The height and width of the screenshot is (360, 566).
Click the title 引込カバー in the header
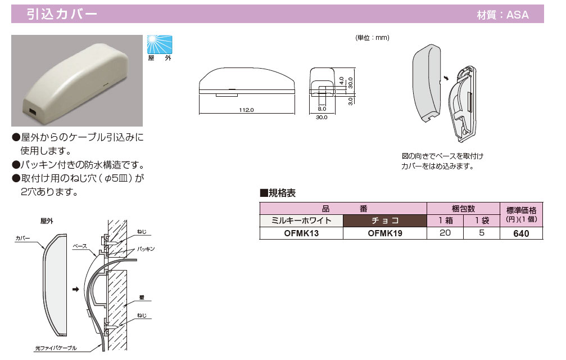pyautogui.click(x=62, y=14)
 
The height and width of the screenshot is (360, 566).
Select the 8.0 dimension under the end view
pyautogui.click(x=322, y=109)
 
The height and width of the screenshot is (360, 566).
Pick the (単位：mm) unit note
pyautogui.click(x=372, y=38)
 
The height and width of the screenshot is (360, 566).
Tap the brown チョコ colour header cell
pyautogui.click(x=384, y=220)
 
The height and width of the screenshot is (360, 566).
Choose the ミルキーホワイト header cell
pyautogui.click(x=301, y=220)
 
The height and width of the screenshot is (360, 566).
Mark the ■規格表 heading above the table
pyautogui.click(x=278, y=193)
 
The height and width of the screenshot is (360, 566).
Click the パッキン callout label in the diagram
pyautogui.click(x=145, y=248)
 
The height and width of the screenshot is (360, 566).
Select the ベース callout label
pyautogui.click(x=79, y=246)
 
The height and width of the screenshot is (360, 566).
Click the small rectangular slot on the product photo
pyautogui.click(x=33, y=112)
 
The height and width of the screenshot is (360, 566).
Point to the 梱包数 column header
pyautogui.click(x=463, y=208)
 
